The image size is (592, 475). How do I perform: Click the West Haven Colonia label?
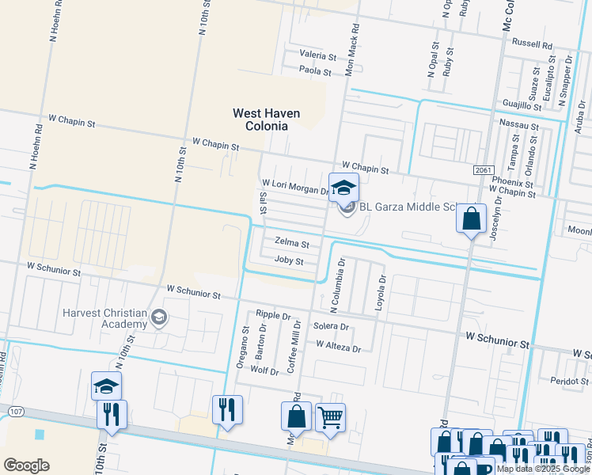point(266,120)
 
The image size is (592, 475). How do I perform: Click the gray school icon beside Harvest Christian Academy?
point(160,318)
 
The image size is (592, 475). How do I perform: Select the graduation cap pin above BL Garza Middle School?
point(343,188)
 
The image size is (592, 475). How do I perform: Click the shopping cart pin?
point(330,416)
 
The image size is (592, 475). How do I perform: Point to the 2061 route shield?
point(484,170)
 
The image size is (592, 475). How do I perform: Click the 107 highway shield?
point(15,412)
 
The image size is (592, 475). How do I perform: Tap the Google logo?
point(26,465)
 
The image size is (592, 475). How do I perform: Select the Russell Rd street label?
point(532,44)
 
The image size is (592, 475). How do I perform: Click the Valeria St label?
point(317,55)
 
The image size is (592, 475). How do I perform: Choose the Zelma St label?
point(290,241)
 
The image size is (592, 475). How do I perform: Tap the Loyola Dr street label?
point(381,292)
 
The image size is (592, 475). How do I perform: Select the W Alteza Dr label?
point(338,348)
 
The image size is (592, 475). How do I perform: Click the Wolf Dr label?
point(264,370)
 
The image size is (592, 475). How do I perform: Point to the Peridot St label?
point(572,381)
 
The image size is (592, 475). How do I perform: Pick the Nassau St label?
point(519,126)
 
